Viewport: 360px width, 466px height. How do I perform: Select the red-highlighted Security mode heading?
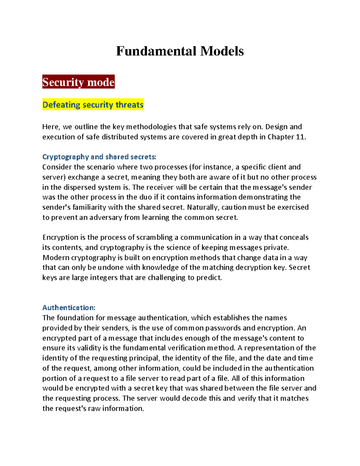[x=78, y=82]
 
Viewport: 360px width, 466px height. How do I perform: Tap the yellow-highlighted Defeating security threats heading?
[x=93, y=105]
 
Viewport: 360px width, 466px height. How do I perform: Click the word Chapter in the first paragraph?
[x=280, y=137]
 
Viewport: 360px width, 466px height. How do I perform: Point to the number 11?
[x=301, y=137]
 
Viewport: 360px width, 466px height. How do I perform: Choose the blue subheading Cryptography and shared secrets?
[x=99, y=157]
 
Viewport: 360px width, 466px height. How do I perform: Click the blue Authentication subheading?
[x=69, y=308]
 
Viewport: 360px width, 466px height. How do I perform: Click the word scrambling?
[x=154, y=237]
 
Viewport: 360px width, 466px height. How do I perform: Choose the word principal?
[x=144, y=358]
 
